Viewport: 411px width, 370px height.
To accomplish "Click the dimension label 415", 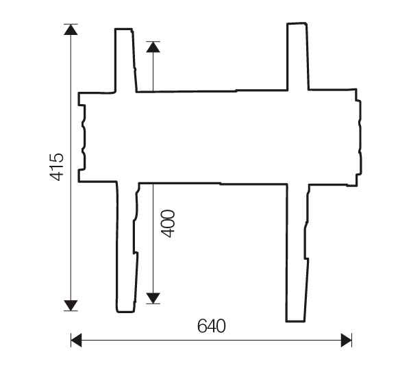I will [x=57, y=167].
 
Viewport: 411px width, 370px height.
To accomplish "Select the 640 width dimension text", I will [x=211, y=326].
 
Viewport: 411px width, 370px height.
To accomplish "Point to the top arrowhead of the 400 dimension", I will [x=153, y=47].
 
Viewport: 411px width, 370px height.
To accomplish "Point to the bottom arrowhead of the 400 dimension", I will [x=153, y=297].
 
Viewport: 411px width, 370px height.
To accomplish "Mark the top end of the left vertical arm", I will [x=123, y=31].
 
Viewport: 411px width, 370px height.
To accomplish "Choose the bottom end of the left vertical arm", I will [x=127, y=309].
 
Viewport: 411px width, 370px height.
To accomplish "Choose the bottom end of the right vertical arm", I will [x=295, y=319].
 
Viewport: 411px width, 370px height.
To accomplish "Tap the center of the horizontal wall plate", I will [x=219, y=137].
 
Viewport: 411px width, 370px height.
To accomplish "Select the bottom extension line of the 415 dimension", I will [x=71, y=311].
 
